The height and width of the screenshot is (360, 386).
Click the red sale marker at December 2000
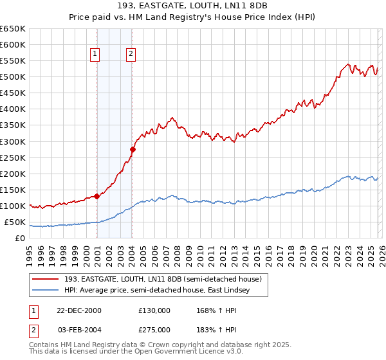97,196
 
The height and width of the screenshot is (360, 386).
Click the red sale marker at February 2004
132,149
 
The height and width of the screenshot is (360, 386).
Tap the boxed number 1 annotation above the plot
95,55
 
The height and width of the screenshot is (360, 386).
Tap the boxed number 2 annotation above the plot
131,55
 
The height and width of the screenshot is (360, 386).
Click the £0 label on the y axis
21,239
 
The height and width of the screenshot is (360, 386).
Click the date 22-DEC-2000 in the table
78,310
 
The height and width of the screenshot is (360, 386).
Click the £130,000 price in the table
154,310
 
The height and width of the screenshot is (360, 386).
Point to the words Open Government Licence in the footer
178,352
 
